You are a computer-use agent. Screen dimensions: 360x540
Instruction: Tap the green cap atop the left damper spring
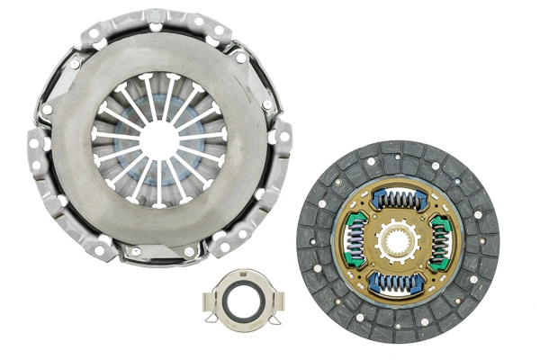point(353,218)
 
